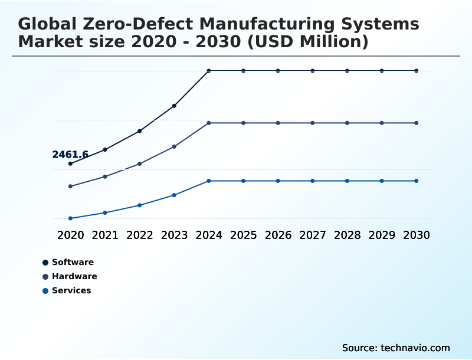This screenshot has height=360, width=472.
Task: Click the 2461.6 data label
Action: pos(70,155)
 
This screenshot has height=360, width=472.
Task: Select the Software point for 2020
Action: pos(70,163)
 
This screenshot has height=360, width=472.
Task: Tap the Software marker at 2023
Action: pos(174,106)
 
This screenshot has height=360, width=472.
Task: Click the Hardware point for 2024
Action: pos(209,123)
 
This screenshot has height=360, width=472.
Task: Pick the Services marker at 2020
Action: pos(70,218)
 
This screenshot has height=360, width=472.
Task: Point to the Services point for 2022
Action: pos(140,205)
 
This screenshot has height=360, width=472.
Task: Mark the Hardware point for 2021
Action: pos(105,176)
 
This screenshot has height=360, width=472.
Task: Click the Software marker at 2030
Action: pos(417,71)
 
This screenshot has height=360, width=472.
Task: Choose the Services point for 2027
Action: pos(313,181)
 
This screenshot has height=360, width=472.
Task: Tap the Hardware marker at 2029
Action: pos(382,123)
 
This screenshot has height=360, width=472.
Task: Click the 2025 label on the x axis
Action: pos(243,235)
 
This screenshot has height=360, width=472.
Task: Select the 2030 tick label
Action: pos(417,235)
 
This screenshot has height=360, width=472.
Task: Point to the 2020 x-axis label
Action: pos(70,235)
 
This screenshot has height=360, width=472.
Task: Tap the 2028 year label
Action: pos(347,235)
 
